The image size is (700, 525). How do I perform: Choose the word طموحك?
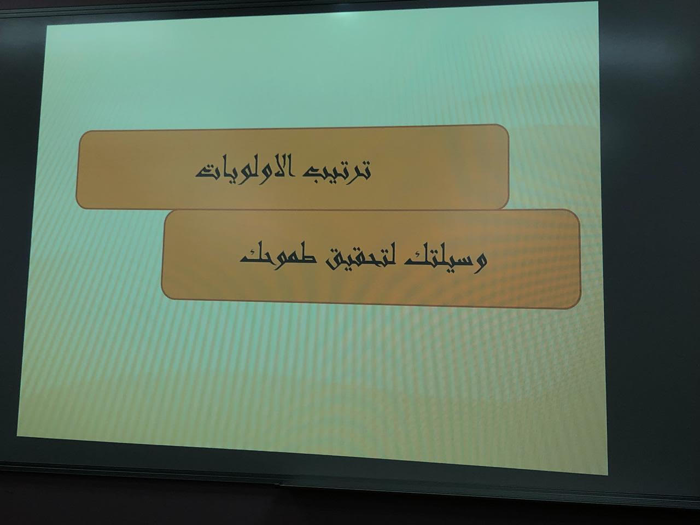click(277, 257)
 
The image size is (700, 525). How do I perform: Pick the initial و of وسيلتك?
click(479, 263)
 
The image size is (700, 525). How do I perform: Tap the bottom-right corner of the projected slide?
click(608, 475)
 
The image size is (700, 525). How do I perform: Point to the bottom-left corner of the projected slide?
click(17, 436)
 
